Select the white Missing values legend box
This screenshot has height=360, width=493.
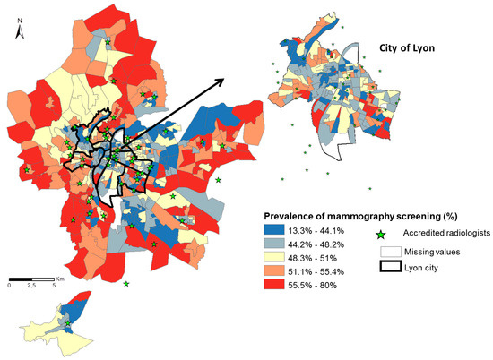click(388, 253)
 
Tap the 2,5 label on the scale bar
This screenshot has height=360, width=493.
click(32, 286)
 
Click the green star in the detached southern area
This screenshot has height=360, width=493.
click(66, 323)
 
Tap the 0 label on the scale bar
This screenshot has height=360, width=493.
click(10, 286)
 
